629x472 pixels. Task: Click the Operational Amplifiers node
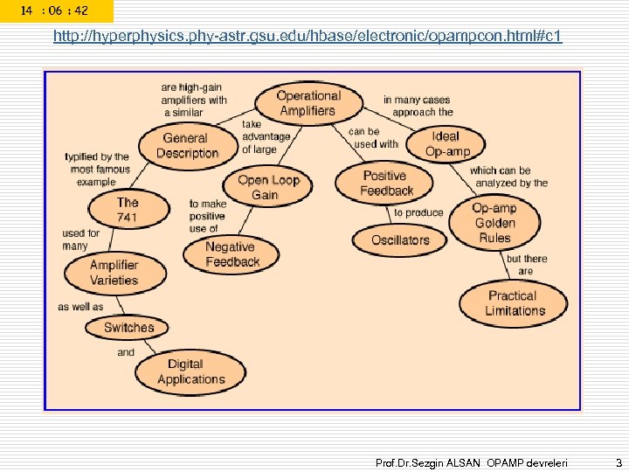(x=308, y=103)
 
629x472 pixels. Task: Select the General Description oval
(x=186, y=146)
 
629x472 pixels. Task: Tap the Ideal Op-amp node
(x=446, y=144)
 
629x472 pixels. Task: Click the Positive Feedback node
(x=386, y=183)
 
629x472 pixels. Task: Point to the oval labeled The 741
(x=128, y=209)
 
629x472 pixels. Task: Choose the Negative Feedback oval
(x=232, y=253)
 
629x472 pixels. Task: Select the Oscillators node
(x=400, y=239)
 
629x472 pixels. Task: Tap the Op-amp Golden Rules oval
(x=494, y=222)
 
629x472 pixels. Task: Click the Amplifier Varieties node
(x=114, y=273)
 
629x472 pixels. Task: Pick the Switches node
(x=128, y=328)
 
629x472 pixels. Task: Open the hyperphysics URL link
(x=308, y=37)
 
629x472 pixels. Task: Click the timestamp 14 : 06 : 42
(x=55, y=10)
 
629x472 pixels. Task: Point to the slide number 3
(x=617, y=461)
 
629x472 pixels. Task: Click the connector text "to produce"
(x=418, y=212)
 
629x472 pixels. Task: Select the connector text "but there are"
(x=527, y=265)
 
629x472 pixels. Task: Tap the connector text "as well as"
(x=79, y=307)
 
